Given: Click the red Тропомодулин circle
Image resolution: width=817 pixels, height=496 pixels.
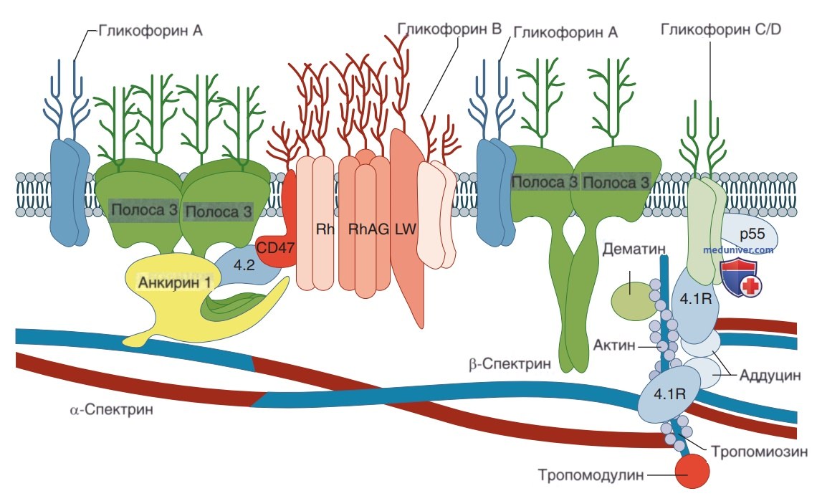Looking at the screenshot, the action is click(x=692, y=472).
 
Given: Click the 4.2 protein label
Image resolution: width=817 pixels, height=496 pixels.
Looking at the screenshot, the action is click(x=244, y=264).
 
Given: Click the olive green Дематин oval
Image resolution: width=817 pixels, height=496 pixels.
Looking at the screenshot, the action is click(x=632, y=301).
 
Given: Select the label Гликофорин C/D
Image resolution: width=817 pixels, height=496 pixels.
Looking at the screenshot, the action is click(x=721, y=29).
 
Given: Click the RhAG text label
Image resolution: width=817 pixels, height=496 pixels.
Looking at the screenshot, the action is click(x=368, y=229).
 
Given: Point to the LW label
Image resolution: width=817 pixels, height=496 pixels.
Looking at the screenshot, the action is click(x=406, y=229).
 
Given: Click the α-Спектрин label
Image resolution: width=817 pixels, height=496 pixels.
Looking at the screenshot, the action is click(x=112, y=409).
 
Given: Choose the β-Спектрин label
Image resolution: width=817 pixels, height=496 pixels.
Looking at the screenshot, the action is click(x=510, y=363).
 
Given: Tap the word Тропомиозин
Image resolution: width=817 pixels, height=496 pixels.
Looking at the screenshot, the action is click(x=759, y=451).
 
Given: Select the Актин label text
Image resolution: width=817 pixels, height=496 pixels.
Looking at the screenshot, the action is click(x=614, y=345).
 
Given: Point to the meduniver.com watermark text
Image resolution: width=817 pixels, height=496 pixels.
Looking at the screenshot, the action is click(x=738, y=250).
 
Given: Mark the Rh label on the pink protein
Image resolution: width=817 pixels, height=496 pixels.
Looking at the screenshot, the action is click(x=325, y=229).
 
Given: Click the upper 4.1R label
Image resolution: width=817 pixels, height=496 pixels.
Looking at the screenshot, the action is click(x=696, y=299).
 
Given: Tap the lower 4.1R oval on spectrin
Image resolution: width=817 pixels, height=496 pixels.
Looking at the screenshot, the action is click(x=670, y=394).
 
